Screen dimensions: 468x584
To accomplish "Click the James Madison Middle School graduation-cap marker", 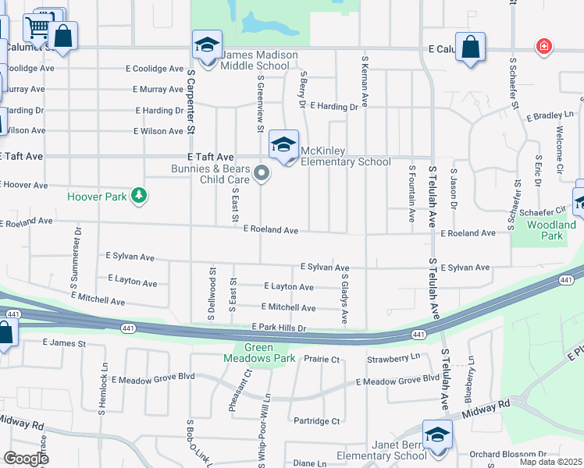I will click(x=207, y=45).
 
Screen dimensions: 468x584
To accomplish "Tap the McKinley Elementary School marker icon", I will click(x=284, y=145).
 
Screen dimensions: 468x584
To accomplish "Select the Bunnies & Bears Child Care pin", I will click(x=262, y=173).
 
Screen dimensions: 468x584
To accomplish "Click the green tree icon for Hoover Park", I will click(x=139, y=195).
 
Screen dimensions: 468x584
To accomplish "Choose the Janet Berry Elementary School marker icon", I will click(x=437, y=435).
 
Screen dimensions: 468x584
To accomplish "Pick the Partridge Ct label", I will click(x=317, y=421).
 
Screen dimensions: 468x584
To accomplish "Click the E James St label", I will click(x=63, y=342).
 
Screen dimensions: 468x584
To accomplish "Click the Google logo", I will click(x=26, y=459).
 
